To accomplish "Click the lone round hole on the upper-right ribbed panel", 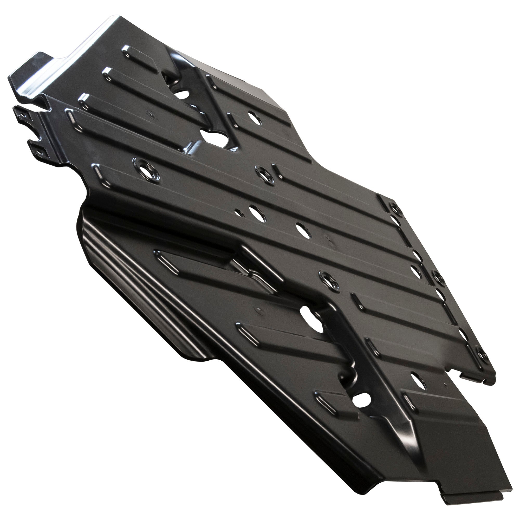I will point(254,118).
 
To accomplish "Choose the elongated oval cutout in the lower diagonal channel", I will point(311,319).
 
